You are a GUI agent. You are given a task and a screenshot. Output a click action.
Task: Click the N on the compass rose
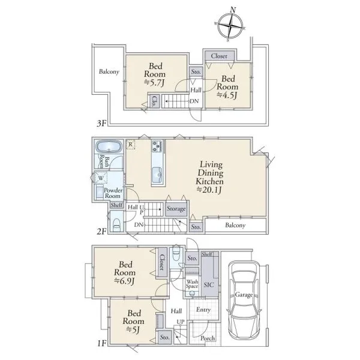click(233, 10)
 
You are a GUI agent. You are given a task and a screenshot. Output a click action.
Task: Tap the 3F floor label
click(102, 124)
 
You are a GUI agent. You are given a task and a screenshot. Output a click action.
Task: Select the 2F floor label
click(102, 231)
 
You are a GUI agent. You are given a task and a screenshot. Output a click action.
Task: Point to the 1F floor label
click(102, 343)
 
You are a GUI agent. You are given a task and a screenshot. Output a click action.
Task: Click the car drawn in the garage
click(244, 301)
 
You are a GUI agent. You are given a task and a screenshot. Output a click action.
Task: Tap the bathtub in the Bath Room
click(109, 146)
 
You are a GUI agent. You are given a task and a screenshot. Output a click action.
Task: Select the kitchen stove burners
click(157, 146)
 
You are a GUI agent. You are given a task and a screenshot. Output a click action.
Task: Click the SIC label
click(209, 285)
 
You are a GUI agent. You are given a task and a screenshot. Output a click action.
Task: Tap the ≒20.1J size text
click(209, 190)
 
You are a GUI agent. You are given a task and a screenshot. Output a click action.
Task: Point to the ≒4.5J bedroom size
click(227, 95)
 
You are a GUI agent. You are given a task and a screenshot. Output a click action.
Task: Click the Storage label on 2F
click(176, 209)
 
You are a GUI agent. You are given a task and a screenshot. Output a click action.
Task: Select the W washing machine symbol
click(101, 178)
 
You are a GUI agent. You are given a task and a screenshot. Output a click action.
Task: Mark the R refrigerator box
click(130, 145)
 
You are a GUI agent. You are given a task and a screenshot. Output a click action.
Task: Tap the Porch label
click(208, 338)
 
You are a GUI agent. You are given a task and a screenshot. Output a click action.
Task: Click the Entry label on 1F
click(203, 310)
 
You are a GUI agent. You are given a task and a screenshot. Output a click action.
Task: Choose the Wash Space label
click(192, 284)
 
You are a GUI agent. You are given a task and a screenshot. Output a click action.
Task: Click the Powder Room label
click(113, 193)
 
